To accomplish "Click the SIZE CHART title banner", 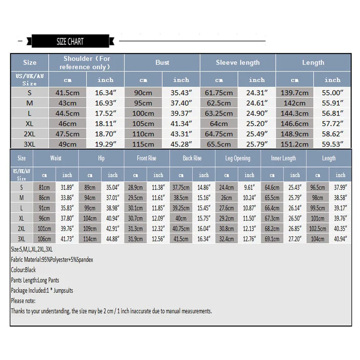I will tap(70, 41).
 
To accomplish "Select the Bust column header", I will tap(162, 63).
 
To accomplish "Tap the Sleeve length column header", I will tap(238, 63).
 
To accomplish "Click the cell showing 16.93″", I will tap(106, 103).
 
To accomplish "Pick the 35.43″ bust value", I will tap(181, 93).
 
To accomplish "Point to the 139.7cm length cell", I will tap(295, 93).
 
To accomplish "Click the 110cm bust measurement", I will tap(143, 134).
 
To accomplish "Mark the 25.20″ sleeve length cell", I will tap(257, 124).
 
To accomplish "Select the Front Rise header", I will tap(147, 158).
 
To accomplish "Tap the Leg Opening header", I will tap(238, 158).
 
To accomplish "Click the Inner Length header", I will tap(283, 158).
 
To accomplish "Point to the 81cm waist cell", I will tap(44, 187).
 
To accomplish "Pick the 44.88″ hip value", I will tap(112, 239).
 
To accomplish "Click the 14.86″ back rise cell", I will tap(204, 187).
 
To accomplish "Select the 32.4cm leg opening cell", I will tap(226, 239).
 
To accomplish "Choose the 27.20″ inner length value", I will tap(295, 239).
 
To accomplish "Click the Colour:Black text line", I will tap(23, 270).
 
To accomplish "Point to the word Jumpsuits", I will tap(62, 291).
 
